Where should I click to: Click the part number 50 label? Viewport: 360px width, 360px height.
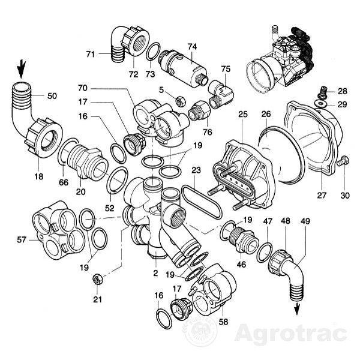pos(52,96)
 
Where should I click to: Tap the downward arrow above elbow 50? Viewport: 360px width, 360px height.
pos(22,69)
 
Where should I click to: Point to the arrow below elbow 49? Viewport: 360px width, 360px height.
pos(297,308)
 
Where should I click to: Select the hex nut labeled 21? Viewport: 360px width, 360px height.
pos(97,280)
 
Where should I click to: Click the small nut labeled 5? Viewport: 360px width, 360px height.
pos(181,101)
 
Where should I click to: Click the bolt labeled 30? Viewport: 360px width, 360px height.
pos(343,160)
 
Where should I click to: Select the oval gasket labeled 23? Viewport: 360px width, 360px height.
pos(202,202)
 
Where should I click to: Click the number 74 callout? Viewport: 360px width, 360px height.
pos(192,47)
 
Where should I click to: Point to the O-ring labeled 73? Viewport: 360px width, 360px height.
pos(153,52)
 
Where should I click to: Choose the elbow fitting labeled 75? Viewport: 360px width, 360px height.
pos(221,94)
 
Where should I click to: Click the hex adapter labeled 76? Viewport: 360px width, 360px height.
pos(199,111)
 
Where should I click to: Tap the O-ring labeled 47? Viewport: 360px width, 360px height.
pos(265,253)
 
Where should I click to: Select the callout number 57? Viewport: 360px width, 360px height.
pos(22,239)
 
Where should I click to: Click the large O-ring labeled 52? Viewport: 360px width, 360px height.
pos(117,179)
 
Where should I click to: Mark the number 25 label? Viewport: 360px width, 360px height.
pos(243,114)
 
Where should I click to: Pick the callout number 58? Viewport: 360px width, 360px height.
pos(223,322)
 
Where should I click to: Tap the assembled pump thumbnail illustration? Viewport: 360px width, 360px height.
pos(280,61)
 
